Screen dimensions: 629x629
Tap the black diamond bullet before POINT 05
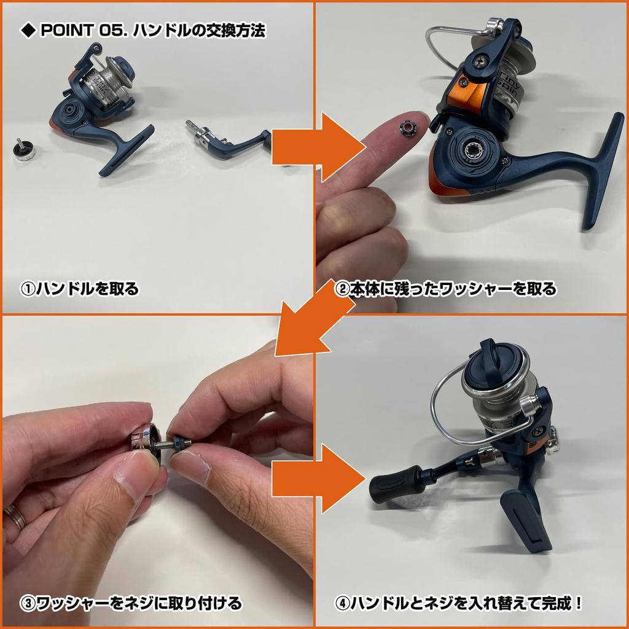click(28, 31)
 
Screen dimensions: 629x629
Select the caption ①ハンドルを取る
click(79, 289)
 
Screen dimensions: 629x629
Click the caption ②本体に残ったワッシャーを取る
click(446, 289)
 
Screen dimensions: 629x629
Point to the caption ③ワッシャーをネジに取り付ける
click(131, 603)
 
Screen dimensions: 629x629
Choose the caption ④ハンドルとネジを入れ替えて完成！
click(458, 603)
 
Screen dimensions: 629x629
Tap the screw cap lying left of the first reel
click(25, 150)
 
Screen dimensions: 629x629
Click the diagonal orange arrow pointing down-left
click(311, 321)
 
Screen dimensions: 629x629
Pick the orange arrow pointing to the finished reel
click(319, 479)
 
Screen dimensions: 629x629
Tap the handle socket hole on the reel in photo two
click(474, 151)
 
